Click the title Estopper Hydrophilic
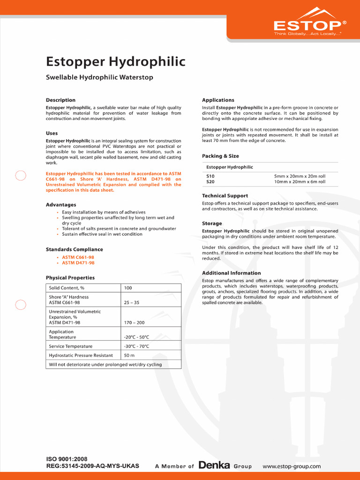[x=115, y=62]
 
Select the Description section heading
[x=60, y=100]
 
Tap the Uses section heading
[x=52, y=133]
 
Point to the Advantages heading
[x=61, y=205]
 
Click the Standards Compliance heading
[x=74, y=249]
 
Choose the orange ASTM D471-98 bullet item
[x=78, y=263]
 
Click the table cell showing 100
[x=128, y=288]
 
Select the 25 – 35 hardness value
[x=132, y=303]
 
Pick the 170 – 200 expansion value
[x=134, y=322]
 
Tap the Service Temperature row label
[x=71, y=346]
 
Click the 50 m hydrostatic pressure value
[x=130, y=355]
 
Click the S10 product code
[x=210, y=176]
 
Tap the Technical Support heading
[x=225, y=195]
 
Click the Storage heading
[x=212, y=224]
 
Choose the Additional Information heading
[x=231, y=273]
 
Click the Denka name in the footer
[x=214, y=466]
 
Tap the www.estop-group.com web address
[x=292, y=466]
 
